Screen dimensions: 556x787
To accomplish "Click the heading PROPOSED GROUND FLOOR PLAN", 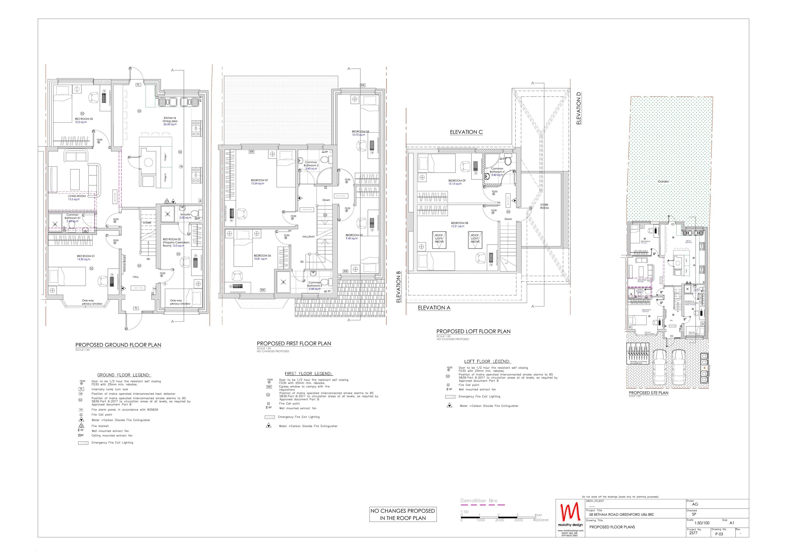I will click(x=118, y=345).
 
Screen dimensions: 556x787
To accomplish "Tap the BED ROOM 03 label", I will click(x=84, y=119).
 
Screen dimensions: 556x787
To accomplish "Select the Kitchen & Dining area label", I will click(x=170, y=119).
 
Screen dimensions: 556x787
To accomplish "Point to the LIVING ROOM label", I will click(x=77, y=196).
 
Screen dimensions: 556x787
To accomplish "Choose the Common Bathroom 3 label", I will click(x=314, y=284).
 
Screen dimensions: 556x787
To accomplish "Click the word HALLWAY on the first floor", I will click(x=309, y=236).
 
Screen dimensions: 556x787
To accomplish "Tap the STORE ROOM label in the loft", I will click(x=544, y=206).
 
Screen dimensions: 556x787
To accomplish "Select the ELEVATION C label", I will click(x=466, y=132).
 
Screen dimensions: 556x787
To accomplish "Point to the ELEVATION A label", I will click(x=434, y=308).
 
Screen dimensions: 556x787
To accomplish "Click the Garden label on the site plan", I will click(x=664, y=181).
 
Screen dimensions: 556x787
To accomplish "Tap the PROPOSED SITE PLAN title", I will click(x=648, y=393).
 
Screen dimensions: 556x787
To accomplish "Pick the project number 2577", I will click(x=693, y=533).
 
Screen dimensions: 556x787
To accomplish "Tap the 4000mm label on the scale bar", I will click(x=541, y=520).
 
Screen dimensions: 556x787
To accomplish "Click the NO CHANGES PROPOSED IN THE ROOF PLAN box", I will click(x=403, y=514).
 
